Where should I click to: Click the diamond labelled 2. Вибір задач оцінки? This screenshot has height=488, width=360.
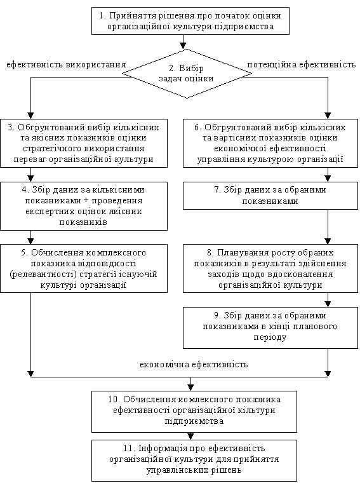[187, 74]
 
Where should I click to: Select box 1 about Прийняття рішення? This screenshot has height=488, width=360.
[190, 21]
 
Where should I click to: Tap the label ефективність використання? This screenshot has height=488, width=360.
[66, 65]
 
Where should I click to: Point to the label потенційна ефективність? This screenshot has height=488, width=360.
[301, 65]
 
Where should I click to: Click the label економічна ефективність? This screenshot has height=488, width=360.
[194, 365]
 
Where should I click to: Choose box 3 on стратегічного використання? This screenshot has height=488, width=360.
[84, 143]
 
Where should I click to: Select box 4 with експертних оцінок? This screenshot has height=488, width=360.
[84, 206]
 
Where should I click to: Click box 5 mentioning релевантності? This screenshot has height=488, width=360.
[84, 268]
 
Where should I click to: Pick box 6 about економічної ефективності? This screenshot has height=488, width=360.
[270, 143]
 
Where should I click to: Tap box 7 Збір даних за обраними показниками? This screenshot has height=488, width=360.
[270, 196]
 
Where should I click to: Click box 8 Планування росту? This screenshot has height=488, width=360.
[270, 268]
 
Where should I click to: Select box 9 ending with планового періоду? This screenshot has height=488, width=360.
[270, 328]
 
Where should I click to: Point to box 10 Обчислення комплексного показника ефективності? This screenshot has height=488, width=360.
[194, 412]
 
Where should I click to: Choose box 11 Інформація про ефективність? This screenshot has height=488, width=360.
[194, 460]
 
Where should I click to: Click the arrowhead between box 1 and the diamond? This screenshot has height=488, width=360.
[183, 46]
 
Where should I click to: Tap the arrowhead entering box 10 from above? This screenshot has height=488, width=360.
[190, 388]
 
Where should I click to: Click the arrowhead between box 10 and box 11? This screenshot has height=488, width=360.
[190, 437]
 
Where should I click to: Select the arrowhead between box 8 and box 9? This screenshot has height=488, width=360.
[328, 304]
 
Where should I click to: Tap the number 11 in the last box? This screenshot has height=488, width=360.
[128, 448]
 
